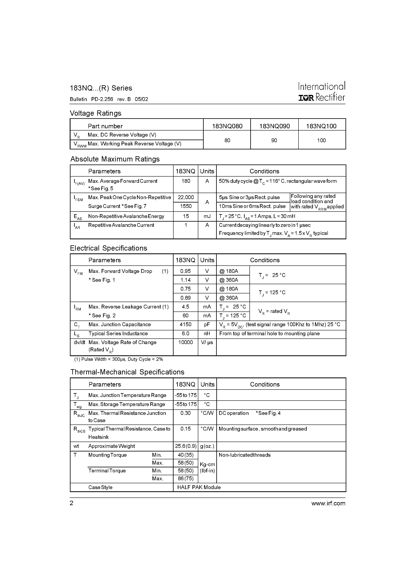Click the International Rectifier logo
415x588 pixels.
322,92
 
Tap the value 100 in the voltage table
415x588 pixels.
321,140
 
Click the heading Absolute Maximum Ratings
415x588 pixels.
115,159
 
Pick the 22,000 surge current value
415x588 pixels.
186,197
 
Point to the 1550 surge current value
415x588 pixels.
186,206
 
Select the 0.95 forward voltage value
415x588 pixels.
185,271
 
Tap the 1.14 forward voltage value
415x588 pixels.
185,280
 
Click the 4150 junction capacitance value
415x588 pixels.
185,325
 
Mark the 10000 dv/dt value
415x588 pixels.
185,342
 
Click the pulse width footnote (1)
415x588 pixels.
119,359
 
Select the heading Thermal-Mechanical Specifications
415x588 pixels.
127,372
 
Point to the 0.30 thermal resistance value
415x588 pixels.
185,413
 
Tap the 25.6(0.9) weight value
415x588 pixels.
185,446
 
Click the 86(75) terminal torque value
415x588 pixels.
185,478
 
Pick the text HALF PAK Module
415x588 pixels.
199,487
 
